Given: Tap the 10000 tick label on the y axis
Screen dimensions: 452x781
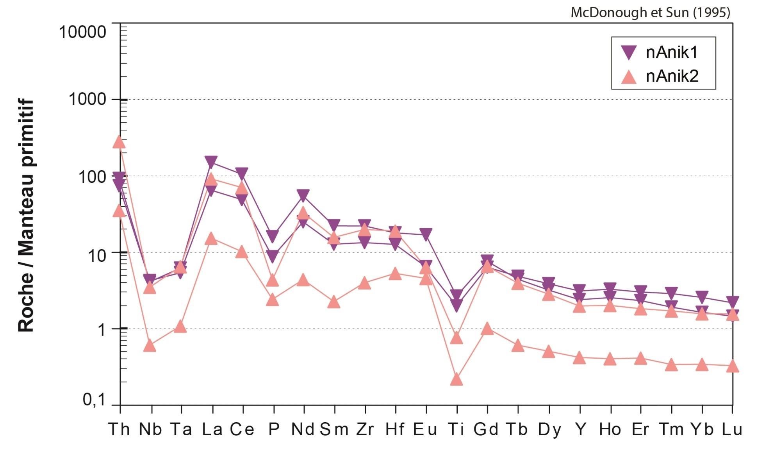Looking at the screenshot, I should point(82,32).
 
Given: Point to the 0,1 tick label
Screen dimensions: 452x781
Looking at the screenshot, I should point(94,400).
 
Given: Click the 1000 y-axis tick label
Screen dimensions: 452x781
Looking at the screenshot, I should point(87,99).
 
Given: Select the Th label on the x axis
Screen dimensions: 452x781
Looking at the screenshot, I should point(119,429).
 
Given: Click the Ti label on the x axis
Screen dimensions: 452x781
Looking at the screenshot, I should point(456,429).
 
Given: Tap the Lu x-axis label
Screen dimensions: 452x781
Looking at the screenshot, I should point(731,429).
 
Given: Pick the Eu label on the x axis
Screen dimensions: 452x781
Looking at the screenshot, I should point(425,429).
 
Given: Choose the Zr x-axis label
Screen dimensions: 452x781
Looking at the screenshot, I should point(365,429).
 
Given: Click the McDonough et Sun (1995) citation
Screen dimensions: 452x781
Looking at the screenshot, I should point(650,13).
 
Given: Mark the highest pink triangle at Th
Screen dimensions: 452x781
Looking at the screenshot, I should point(119,142).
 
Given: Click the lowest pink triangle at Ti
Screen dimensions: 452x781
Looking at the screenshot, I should point(456,379).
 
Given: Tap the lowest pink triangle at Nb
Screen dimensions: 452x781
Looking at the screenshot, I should point(150,346).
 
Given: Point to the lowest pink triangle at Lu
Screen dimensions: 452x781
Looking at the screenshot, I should point(733,366).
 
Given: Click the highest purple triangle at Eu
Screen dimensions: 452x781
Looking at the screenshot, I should point(426,234).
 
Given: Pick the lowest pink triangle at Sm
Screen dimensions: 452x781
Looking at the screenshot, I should point(334,302).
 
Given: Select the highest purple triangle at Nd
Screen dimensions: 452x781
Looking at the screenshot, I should point(303,195).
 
